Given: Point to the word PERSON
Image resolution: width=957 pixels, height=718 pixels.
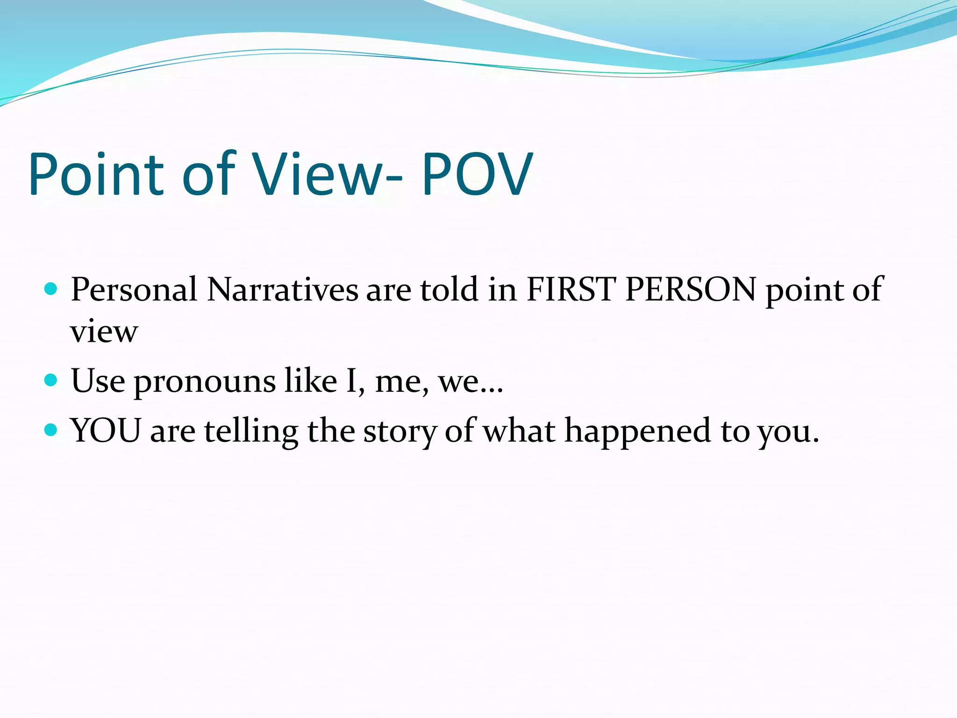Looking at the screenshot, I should tap(690, 289).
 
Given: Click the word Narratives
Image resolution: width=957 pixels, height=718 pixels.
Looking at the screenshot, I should tap(282, 289).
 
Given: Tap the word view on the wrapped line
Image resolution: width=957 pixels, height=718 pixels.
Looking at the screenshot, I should tap(104, 331).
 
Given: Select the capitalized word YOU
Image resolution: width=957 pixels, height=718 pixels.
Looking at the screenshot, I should tap(106, 430).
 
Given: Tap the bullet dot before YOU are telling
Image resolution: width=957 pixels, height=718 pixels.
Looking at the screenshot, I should tap(50, 430).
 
